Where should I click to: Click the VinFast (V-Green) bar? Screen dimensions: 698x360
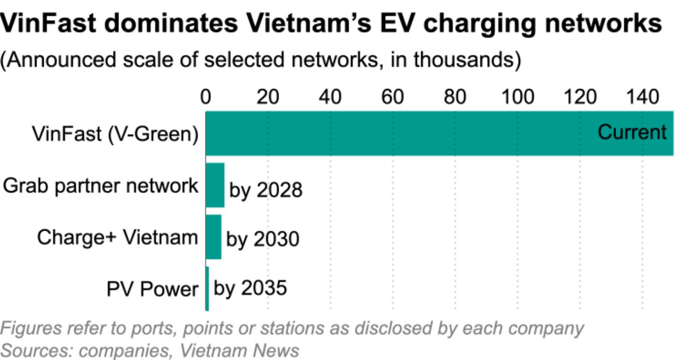(439, 133)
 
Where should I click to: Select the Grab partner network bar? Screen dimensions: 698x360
(215, 185)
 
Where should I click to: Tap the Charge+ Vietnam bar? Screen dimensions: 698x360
(214, 237)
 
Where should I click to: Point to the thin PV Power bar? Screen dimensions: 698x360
(207, 288)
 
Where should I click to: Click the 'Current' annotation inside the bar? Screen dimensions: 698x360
(632, 132)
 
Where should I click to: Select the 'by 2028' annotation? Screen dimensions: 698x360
(266, 190)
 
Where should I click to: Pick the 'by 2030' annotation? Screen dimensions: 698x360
(262, 240)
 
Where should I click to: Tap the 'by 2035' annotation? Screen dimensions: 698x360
(250, 288)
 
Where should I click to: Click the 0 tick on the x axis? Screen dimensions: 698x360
(206, 96)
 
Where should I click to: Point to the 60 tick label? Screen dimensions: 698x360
(393, 96)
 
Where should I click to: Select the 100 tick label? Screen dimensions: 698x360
(518, 96)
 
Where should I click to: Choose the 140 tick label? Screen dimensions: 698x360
(643, 96)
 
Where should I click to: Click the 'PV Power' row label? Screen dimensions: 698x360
(152, 289)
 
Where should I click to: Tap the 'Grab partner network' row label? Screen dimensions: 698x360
(100, 186)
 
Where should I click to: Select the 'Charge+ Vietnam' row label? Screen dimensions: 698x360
(118, 238)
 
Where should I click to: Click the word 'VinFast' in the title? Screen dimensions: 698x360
(48, 24)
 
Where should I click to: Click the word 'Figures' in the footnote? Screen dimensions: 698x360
(31, 329)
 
